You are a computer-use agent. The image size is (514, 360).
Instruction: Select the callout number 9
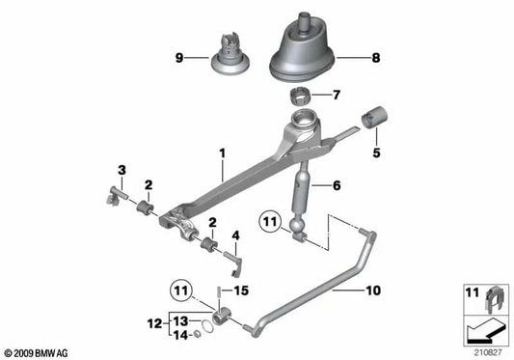178,58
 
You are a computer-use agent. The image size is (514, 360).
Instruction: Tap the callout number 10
373,287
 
